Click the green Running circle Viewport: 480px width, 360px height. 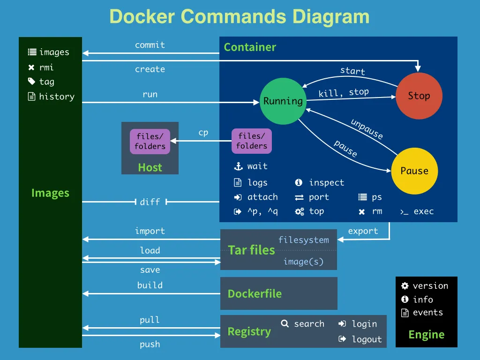[283, 101]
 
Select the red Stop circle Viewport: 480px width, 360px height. [419, 96]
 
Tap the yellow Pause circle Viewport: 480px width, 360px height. [414, 171]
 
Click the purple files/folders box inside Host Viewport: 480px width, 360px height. [150, 142]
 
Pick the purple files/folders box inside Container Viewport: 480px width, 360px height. [252, 141]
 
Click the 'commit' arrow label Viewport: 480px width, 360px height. [150, 45]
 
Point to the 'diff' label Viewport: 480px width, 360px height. [150, 202]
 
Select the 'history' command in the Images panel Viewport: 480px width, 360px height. [57, 97]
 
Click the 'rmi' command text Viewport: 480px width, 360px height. [46, 67]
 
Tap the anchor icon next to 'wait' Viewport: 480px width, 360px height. [238, 166]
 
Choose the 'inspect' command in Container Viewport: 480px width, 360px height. [326, 183]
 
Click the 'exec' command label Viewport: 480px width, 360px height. [423, 211]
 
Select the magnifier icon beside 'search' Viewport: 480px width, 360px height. [285, 323]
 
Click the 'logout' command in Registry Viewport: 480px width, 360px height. [367, 339]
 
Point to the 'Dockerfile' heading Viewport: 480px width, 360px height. [255, 294]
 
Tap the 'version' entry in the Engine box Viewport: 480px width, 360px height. [430, 286]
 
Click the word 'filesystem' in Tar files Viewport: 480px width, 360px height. [304, 240]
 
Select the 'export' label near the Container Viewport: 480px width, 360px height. [363, 231]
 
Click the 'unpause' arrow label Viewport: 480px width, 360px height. [367, 129]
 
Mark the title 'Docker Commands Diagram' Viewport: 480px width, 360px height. [240, 16]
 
